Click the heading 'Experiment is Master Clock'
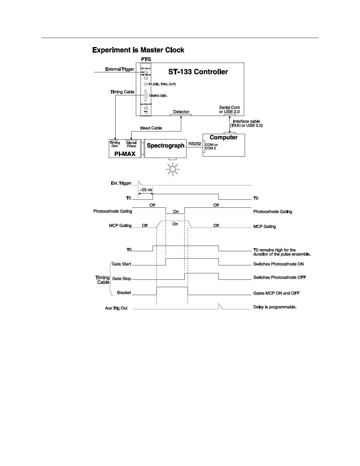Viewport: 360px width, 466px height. (138, 50)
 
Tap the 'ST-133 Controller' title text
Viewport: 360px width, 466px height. (198, 72)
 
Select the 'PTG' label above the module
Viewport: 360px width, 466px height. (146, 59)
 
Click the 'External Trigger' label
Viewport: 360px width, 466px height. (120, 69)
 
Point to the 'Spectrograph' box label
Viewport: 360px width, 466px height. (166, 146)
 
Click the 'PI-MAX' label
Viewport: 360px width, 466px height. (125, 154)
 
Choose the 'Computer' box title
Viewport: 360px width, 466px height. (224, 137)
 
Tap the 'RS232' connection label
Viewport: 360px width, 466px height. (195, 144)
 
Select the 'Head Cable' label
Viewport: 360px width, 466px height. (151, 128)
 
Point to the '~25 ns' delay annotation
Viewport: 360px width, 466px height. (146, 190)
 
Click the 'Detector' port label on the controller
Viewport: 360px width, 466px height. (181, 112)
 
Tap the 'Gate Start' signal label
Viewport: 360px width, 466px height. (121, 264)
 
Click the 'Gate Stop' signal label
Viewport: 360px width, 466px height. (121, 279)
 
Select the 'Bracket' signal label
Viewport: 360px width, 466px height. (124, 293)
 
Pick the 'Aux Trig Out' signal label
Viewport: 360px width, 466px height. (116, 308)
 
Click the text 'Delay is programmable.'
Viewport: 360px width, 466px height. (275, 307)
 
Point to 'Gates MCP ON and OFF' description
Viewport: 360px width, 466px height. (276, 293)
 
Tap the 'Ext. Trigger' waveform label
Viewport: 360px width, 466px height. (121, 183)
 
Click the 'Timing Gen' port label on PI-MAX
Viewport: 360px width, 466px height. (115, 144)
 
